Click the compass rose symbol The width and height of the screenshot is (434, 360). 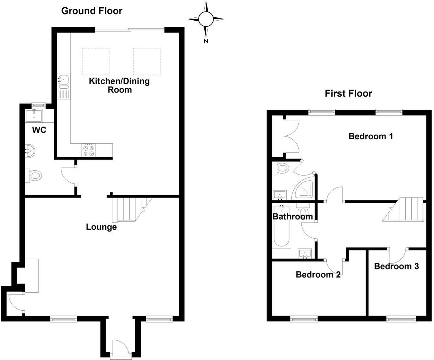206,18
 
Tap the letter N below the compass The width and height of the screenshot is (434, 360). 206,41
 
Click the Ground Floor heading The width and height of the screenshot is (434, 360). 92,11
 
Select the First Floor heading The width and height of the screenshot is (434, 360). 348,94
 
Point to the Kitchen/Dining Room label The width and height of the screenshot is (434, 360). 119,85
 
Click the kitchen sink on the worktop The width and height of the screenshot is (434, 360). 64,79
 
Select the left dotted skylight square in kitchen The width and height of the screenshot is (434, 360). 95,61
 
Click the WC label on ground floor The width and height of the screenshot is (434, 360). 39,130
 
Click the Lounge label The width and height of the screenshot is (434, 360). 101,227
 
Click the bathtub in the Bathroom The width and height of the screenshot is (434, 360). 281,226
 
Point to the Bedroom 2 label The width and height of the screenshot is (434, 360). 318,275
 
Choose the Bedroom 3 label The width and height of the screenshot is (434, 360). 396,267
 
